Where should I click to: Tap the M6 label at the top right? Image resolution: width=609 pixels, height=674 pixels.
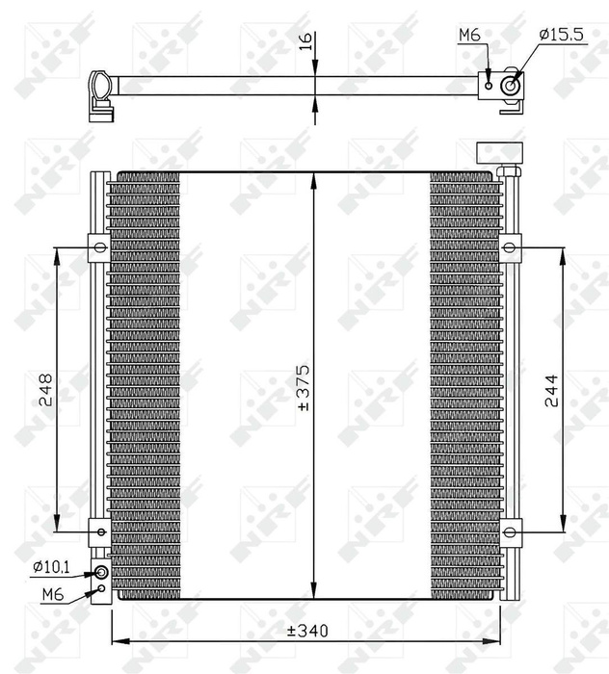(469, 35)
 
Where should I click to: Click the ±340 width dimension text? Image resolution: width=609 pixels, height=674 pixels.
(307, 632)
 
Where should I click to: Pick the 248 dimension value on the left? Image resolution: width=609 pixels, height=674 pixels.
(44, 389)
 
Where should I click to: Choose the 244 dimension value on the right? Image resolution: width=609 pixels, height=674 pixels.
(550, 390)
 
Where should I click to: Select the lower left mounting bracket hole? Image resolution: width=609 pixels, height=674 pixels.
(100, 530)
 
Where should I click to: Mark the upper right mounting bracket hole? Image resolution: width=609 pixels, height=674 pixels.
(510, 248)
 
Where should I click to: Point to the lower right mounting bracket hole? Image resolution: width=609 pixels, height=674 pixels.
(510, 529)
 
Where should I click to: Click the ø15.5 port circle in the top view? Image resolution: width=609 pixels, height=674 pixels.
(511, 85)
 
